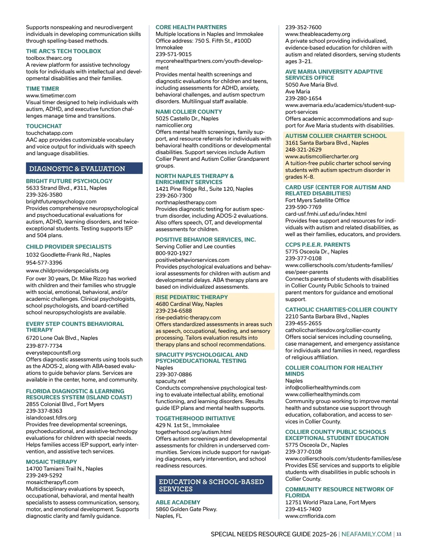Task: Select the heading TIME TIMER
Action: click(x=42, y=88)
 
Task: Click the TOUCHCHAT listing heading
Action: click(x=44, y=126)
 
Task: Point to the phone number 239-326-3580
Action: click(x=44, y=195)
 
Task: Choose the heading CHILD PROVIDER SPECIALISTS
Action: click(x=69, y=247)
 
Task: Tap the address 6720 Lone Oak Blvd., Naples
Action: click(x=62, y=338)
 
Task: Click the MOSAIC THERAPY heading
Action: click(x=51, y=462)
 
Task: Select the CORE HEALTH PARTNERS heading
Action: click(x=191, y=27)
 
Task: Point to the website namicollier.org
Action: click(x=174, y=125)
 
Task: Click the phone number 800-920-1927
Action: click(x=174, y=253)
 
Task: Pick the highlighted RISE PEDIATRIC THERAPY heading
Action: click(x=192, y=297)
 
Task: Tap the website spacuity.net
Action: click(x=171, y=381)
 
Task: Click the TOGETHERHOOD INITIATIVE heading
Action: click(x=195, y=418)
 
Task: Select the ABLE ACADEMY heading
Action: click(x=178, y=502)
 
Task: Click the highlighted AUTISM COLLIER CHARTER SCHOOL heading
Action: click(x=336, y=136)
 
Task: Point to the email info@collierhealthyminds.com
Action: click(x=323, y=387)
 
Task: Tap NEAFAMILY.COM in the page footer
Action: click(x=367, y=534)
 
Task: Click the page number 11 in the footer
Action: click(x=399, y=534)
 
